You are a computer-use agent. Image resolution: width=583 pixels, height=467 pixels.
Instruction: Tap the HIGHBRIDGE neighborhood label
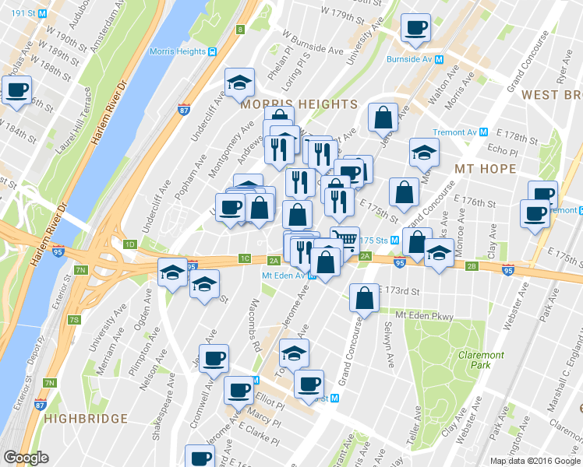tap(86, 419)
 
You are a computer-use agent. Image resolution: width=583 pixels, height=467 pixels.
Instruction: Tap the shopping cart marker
tap(344, 239)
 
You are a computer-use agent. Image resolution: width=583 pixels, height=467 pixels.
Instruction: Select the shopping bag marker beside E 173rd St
tap(364, 297)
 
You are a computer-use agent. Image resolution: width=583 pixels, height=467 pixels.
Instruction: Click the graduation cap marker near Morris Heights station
tap(240, 81)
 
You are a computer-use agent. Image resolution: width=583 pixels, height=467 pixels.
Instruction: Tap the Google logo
tap(26, 458)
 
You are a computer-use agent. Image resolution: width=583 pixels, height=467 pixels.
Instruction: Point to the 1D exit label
tap(129, 244)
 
